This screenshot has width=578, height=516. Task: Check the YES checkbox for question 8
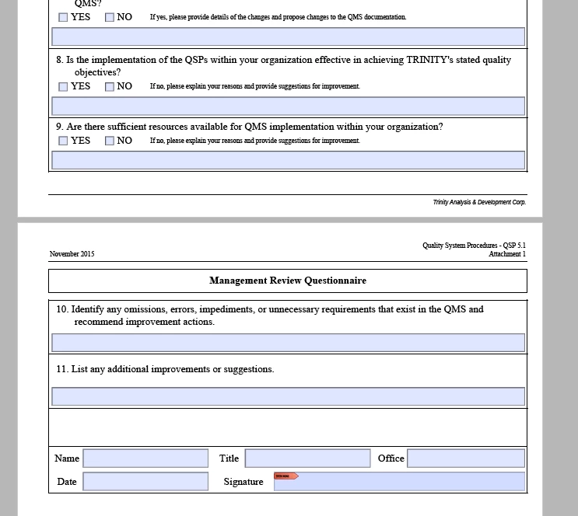63,87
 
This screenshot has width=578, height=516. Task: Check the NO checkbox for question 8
110,87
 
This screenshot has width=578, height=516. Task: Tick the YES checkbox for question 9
63,141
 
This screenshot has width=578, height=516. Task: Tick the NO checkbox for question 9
110,141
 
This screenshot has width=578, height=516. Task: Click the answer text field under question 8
288,106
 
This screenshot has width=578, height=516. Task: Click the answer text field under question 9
288,160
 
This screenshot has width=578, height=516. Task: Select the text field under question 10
288,342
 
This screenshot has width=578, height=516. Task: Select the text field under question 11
288,396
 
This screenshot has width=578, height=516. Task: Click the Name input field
145,458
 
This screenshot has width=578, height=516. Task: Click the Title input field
307,458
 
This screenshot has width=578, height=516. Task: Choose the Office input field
465,458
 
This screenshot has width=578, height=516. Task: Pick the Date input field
145,482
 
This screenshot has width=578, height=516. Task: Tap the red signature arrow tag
285,476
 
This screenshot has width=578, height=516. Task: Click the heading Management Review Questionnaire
288,281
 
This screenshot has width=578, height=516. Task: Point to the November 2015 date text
72,254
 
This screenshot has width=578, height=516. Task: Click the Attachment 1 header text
507,254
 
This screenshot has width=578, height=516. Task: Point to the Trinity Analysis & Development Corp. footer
479,202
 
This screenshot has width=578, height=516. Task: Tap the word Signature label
243,482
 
